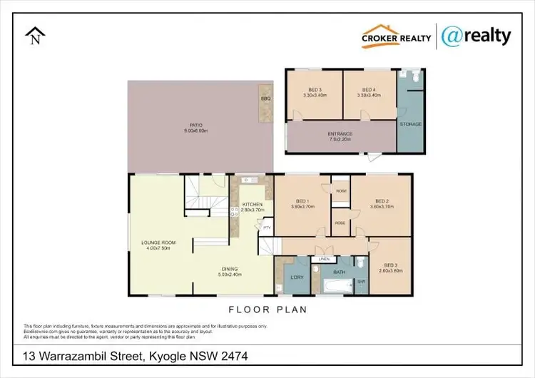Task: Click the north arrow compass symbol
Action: pos(34,36)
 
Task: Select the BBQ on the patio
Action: pos(265,98)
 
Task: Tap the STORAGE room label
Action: pos(411,124)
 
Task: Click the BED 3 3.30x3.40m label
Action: pos(313,93)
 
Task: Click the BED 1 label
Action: pos(302,205)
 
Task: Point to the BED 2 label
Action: pos(380,205)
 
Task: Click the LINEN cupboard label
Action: pos(325,258)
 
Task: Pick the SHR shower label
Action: pos(361,281)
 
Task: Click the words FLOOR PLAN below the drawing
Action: pos(267,310)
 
